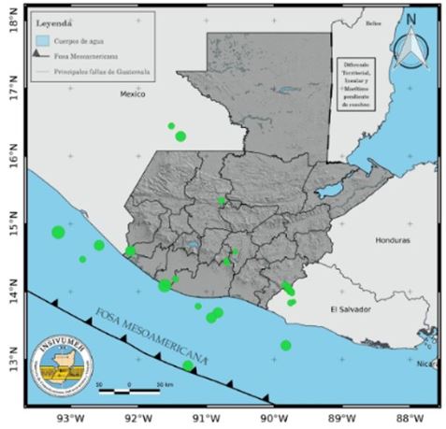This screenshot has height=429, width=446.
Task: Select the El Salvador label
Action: (x=351, y=309)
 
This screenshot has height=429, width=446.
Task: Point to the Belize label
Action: (x=376, y=22)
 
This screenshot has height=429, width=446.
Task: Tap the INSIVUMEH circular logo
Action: (x=59, y=362)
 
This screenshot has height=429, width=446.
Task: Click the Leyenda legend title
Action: (x=52, y=21)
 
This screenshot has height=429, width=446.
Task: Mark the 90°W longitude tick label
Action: (x=272, y=418)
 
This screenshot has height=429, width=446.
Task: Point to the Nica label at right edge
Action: (x=425, y=363)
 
